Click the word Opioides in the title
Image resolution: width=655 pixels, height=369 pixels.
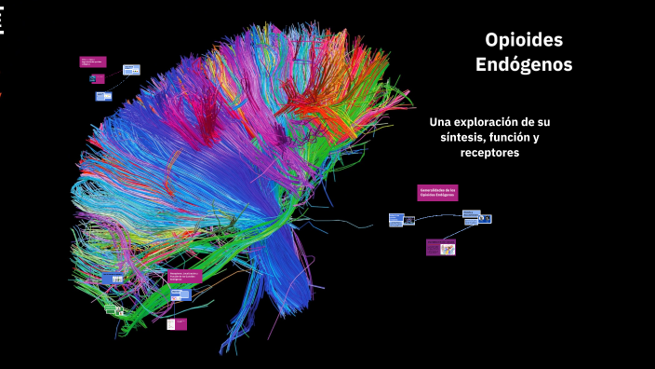tap(524, 40)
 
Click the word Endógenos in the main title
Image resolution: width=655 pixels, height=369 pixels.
tap(524, 65)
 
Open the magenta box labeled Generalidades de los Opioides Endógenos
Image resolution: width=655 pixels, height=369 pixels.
tap(437, 192)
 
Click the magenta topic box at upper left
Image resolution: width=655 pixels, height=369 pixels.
tap(93, 62)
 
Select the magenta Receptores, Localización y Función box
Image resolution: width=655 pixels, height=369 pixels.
tap(185, 276)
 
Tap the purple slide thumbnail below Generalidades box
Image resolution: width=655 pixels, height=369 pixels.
tap(441, 248)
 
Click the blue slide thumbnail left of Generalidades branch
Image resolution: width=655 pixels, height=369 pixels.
tap(397, 220)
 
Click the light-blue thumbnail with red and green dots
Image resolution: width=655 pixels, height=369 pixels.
tap(132, 69)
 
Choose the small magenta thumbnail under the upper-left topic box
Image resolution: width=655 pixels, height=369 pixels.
tap(99, 79)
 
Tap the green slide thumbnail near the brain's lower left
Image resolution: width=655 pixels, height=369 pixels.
tap(115, 310)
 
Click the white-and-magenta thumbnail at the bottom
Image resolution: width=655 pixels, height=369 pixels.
tap(177, 323)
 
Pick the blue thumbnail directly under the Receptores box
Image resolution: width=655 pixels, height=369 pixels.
tap(180, 294)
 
